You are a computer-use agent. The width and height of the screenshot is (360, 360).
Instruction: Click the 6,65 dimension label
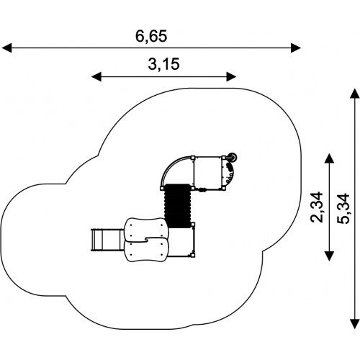coord(151,37)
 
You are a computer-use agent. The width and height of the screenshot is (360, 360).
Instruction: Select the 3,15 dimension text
coord(163,64)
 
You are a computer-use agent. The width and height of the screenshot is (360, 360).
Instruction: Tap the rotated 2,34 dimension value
coord(316,207)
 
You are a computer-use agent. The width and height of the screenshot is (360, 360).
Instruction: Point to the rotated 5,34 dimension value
coord(343,209)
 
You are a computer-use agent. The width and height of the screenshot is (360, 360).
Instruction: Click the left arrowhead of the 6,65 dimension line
coord(6,48)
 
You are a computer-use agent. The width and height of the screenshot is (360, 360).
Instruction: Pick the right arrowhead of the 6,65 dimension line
coord(296,48)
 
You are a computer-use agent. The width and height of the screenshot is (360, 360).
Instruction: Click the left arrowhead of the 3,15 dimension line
coord(96,76)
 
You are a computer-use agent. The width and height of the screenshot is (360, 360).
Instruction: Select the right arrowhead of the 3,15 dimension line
coord(232,76)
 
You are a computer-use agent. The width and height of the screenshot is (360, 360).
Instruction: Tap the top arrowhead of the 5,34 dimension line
coord(355,94)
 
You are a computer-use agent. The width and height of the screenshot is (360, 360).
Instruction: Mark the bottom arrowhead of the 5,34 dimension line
coord(355,323)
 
